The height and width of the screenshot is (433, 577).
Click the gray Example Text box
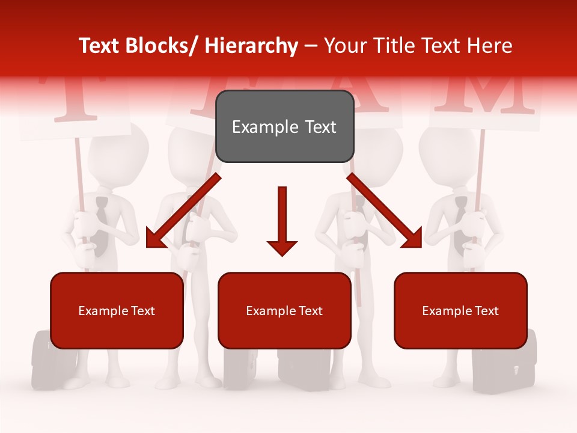(284, 126)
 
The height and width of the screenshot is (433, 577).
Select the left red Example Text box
(117, 310)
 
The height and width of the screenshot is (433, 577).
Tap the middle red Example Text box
(284, 310)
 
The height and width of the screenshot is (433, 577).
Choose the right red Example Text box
(460, 310)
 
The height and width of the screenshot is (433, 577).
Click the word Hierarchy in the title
(251, 46)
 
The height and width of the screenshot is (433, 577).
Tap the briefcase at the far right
(504, 361)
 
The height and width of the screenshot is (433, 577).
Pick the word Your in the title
(345, 46)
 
